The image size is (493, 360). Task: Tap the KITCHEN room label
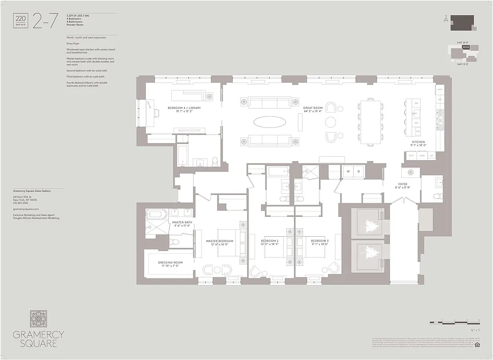point(418,142)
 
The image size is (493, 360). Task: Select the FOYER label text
point(402,184)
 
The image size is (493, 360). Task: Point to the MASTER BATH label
point(182,222)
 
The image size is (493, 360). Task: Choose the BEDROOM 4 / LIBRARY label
point(184,108)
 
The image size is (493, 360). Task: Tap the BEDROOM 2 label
point(269,241)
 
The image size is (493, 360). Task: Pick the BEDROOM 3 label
point(320,241)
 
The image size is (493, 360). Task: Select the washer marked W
point(347,172)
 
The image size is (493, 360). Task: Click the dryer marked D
point(359,172)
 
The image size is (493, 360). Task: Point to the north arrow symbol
point(445,19)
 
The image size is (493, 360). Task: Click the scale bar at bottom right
point(455,322)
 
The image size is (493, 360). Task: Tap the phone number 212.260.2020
point(22,202)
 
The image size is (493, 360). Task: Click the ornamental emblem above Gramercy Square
point(38,319)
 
